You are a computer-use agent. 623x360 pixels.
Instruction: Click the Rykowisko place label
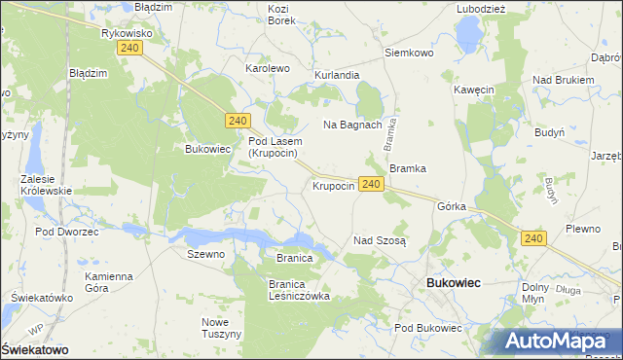pos(125,32)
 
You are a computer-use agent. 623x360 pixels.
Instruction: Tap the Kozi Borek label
pos(281,15)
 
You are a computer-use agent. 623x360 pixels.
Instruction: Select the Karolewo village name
pos(268,69)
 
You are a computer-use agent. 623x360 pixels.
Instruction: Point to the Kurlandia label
pos(337,75)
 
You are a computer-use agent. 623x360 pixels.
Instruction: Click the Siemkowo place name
pos(409,53)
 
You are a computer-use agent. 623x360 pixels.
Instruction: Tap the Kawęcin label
pos(474,90)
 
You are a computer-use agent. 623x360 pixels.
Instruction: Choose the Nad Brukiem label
pos(564,80)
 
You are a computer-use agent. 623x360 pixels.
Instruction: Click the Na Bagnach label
pos(352,126)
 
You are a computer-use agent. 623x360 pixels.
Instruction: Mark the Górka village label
pos(453,207)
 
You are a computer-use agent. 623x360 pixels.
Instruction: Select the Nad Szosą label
pos(380,239)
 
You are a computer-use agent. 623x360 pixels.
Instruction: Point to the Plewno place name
pos(583,229)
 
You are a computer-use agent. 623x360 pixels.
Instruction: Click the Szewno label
pos(205,254)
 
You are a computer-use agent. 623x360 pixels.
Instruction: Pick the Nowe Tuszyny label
pos(221,328)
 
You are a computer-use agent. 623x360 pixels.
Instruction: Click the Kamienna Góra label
pos(108,282)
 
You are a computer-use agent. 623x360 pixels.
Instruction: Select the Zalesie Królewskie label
pos(47,185)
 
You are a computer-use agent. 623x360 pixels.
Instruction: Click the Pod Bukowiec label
pos(428,328)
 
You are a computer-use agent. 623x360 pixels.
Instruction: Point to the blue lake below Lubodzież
pos(470,35)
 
